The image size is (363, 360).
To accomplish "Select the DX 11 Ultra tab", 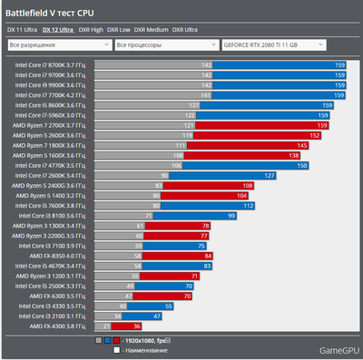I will click(x=25, y=29).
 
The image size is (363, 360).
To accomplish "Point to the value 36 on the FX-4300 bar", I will click(x=136, y=326).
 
